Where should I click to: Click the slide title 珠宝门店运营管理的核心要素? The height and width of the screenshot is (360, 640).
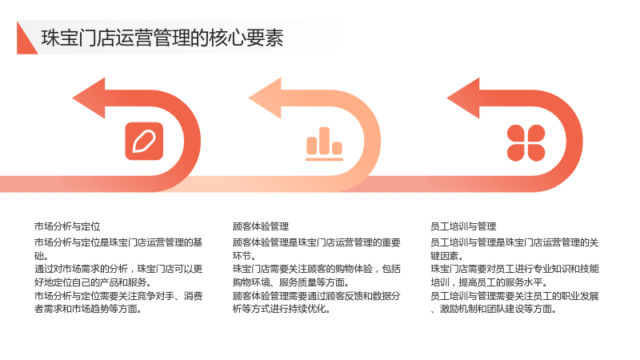click(x=162, y=38)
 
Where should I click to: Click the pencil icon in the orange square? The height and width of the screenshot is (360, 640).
click(x=144, y=142)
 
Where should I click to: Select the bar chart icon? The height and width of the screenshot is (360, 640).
click(x=324, y=144)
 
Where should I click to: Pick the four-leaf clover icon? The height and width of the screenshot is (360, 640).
click(x=526, y=142)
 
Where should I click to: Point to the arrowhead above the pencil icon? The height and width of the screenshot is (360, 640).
click(x=90, y=98)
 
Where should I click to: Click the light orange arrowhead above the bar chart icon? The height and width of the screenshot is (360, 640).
click(x=266, y=98)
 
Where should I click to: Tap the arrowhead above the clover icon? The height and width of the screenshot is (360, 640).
click(x=464, y=98)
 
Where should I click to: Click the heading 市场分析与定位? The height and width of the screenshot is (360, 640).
click(x=67, y=226)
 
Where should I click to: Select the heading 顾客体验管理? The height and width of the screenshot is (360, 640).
click(x=261, y=226)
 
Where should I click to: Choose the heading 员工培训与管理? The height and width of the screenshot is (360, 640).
click(x=463, y=226)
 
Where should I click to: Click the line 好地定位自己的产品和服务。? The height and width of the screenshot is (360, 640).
click(x=93, y=282)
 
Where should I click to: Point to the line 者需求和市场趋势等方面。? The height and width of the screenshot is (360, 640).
click(x=88, y=309)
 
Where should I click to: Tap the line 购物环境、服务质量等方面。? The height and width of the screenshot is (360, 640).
click(x=291, y=282)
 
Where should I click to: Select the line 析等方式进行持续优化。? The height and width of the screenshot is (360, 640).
click(x=282, y=309)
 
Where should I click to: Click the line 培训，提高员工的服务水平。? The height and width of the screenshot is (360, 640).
click(x=489, y=282)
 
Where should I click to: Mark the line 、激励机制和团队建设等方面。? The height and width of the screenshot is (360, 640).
click(x=494, y=309)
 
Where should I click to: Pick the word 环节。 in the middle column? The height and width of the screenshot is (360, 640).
click(x=245, y=256)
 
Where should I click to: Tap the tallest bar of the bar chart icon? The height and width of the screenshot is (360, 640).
click(x=325, y=141)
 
